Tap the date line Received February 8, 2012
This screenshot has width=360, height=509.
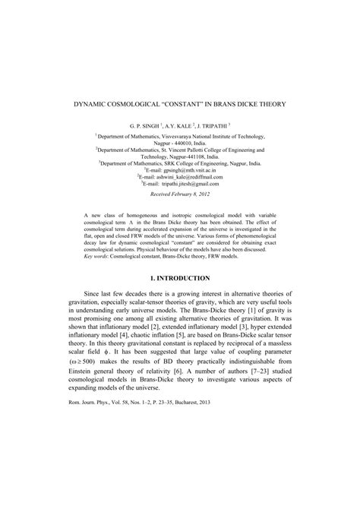[x=180, y=195]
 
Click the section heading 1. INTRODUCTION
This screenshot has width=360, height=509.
[x=180, y=280]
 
